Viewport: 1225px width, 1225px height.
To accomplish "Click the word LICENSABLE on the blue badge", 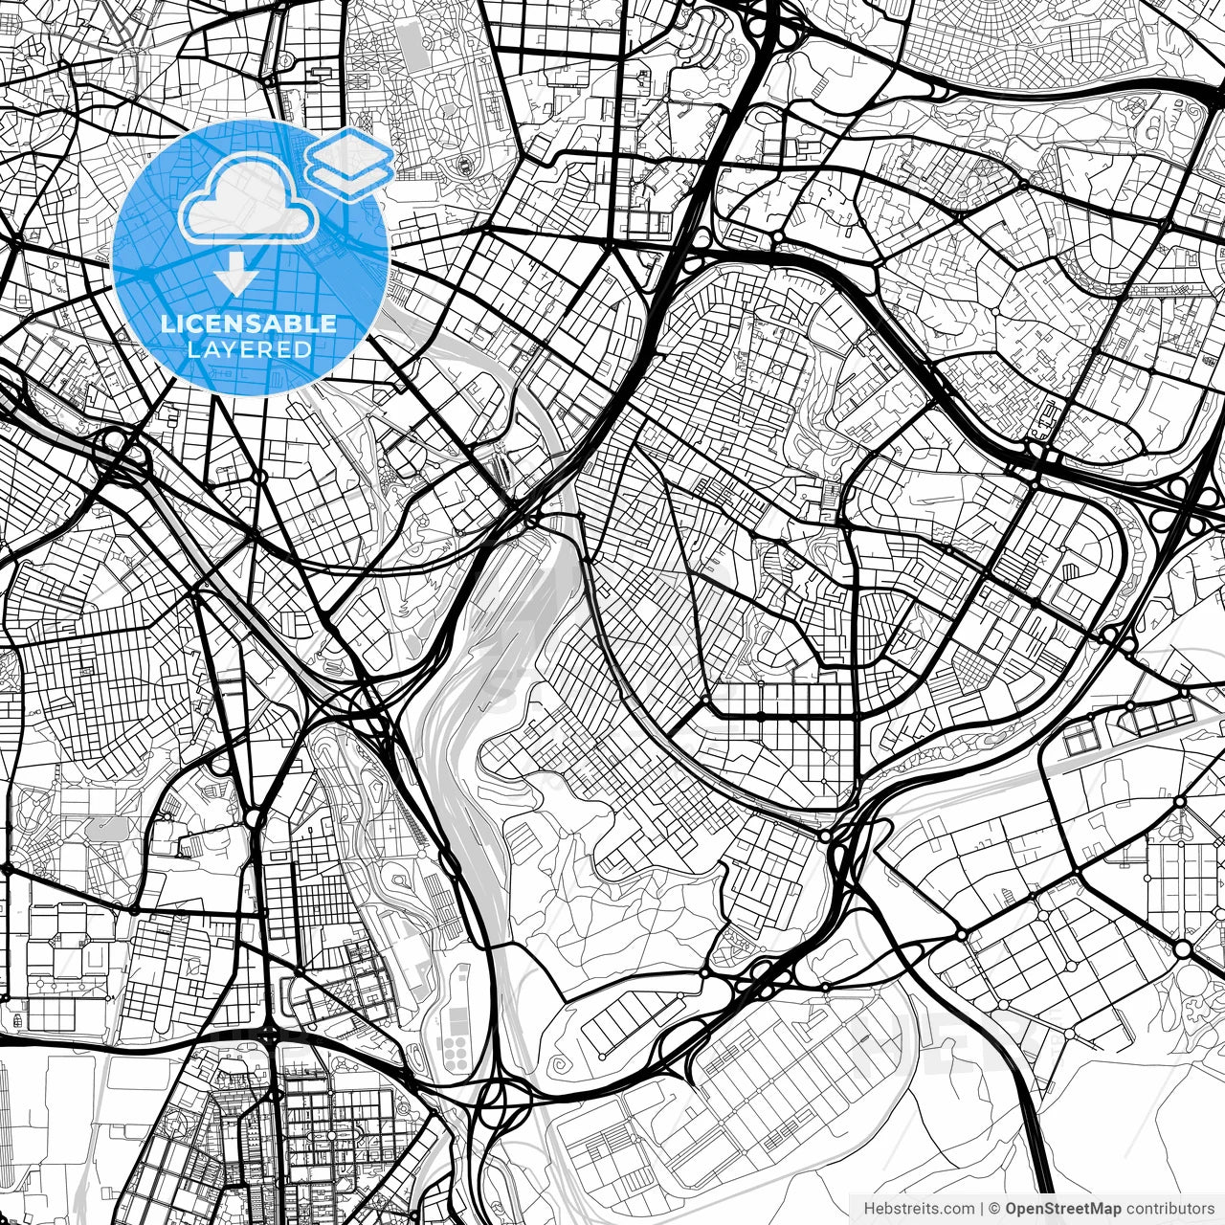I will click(x=249, y=324).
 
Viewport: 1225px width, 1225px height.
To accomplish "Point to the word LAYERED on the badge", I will click(x=249, y=349).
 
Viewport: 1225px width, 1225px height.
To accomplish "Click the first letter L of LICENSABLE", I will click(x=167, y=324).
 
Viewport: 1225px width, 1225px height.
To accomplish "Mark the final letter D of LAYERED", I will click(x=303, y=349).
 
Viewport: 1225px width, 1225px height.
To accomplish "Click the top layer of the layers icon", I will click(x=350, y=148).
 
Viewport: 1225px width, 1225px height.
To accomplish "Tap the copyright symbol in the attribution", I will click(x=995, y=1208).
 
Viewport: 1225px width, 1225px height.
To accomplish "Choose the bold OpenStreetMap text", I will click(x=1062, y=1208).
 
